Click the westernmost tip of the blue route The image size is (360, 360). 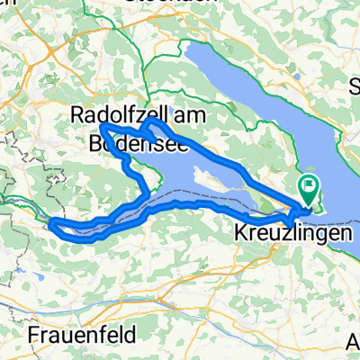coord(51,221)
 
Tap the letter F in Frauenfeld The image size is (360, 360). coord(33,335)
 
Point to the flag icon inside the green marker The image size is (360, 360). coord(310,186)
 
